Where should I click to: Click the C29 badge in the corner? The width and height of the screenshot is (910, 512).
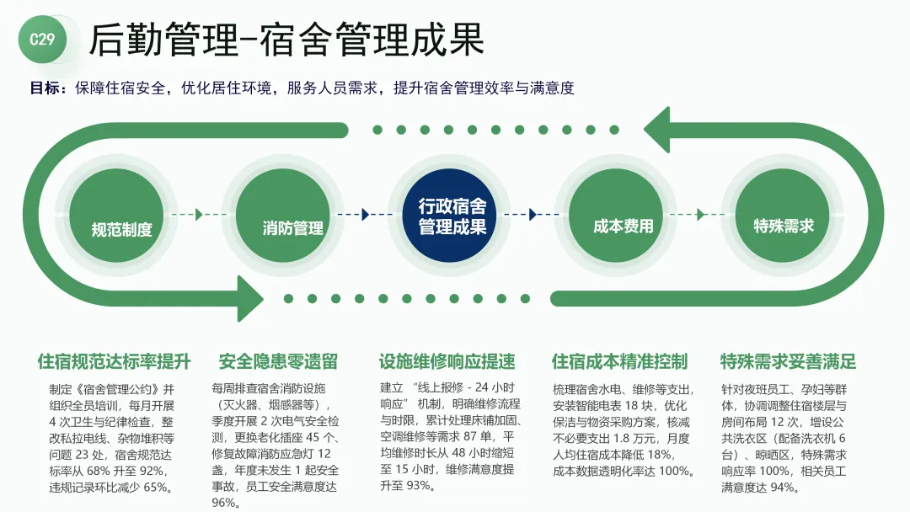[x=42, y=40]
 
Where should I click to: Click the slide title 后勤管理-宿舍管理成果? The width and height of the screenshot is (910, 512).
[x=286, y=40]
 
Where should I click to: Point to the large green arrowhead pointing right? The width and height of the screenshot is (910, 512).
[x=246, y=297]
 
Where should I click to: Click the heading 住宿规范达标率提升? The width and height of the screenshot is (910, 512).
[x=115, y=362]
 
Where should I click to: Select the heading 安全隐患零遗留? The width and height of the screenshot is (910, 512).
[x=278, y=362]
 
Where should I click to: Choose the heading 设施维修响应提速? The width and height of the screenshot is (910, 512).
[x=447, y=362]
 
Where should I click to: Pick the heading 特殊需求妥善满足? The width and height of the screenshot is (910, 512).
[x=788, y=362]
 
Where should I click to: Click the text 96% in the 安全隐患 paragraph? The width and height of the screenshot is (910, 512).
[x=224, y=503]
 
